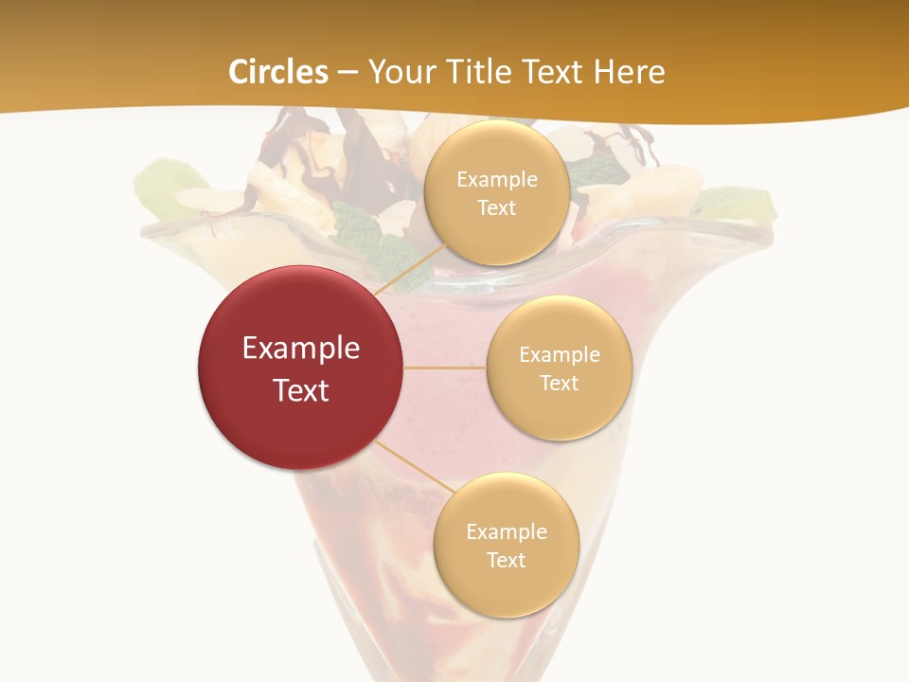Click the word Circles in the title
pyautogui.click(x=278, y=72)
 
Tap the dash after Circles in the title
pyautogui.click(x=348, y=73)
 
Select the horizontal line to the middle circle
pyautogui.click(x=445, y=368)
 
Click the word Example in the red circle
pyautogui.click(x=301, y=349)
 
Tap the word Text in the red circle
pyautogui.click(x=301, y=390)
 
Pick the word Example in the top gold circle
pyautogui.click(x=496, y=180)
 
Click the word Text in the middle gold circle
pyautogui.click(x=559, y=383)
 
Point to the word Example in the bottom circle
pyautogui.click(x=506, y=532)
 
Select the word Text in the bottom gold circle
pyautogui.click(x=506, y=561)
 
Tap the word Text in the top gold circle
pyautogui.click(x=496, y=208)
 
